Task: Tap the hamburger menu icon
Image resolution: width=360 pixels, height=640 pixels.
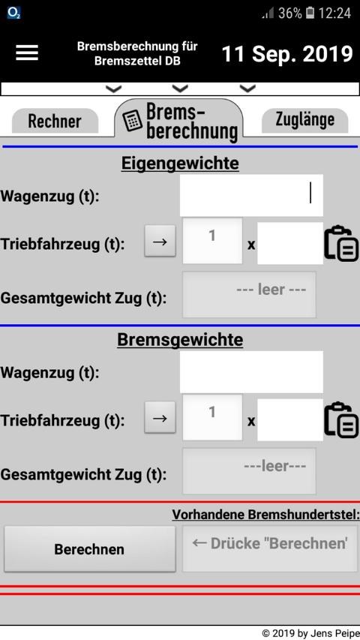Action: click(27, 53)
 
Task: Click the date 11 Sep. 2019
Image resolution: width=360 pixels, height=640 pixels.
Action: click(287, 54)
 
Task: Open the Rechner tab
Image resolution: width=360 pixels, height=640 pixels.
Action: click(55, 122)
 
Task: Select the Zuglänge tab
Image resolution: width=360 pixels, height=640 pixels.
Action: click(305, 119)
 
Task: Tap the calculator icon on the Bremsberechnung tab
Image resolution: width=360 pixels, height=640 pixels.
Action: click(132, 122)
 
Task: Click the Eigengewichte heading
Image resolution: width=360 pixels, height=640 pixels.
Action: click(180, 164)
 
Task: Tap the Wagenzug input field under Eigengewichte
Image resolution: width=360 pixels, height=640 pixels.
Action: click(251, 195)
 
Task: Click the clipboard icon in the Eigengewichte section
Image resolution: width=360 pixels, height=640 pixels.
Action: click(341, 243)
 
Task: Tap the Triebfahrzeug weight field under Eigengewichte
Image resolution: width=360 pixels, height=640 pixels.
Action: click(290, 243)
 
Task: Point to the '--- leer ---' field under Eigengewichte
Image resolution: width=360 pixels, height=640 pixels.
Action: click(249, 294)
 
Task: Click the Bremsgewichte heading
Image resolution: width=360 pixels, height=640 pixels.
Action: click(180, 340)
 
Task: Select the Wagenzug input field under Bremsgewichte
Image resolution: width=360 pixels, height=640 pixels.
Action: click(251, 372)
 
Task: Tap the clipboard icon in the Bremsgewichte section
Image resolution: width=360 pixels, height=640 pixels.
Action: click(341, 420)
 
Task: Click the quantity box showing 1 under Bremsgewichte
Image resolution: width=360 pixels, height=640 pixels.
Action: click(212, 417)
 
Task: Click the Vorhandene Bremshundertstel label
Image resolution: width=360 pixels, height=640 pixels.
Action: click(265, 515)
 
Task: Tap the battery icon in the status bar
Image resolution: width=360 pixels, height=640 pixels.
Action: click(310, 13)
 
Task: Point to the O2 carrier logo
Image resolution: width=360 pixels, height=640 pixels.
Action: click(14, 13)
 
